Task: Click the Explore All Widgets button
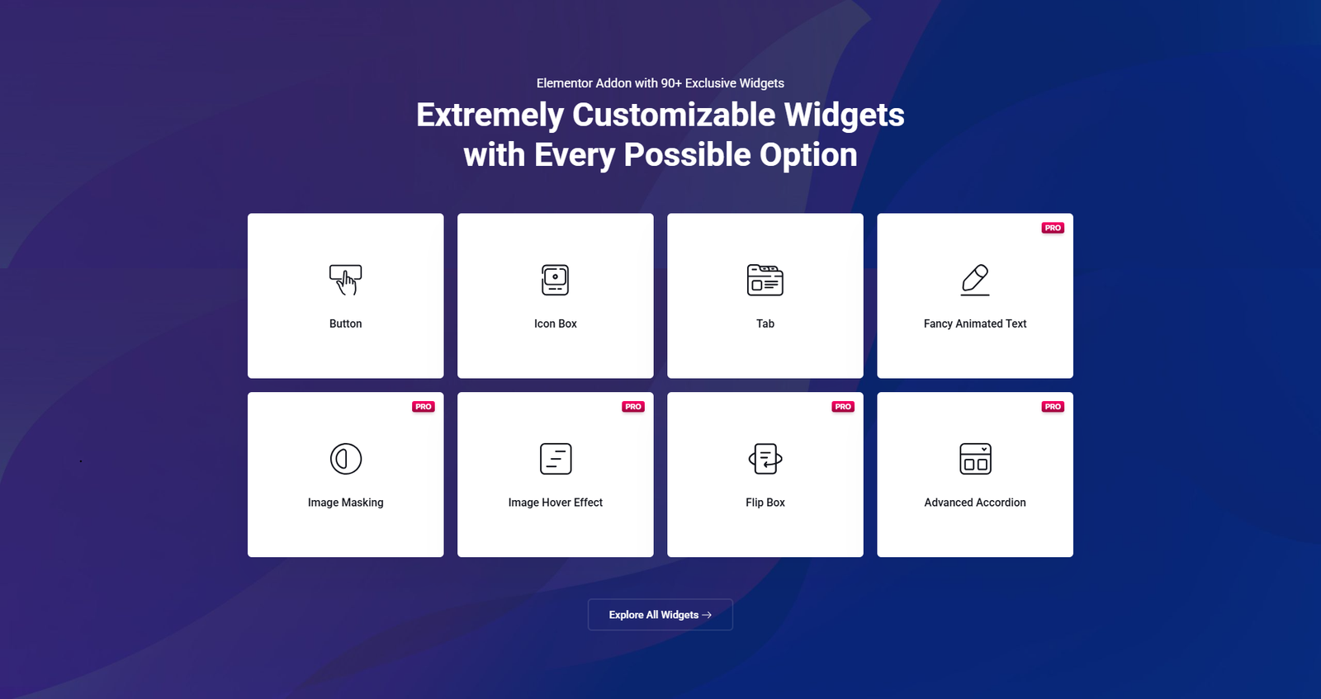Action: (x=660, y=615)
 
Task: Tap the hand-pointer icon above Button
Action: (x=346, y=280)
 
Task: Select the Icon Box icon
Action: (x=555, y=280)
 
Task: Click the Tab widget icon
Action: (x=765, y=280)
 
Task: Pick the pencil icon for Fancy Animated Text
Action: (x=975, y=280)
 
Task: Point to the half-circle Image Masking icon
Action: (x=346, y=459)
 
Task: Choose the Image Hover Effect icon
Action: (x=556, y=459)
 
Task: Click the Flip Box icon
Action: (x=765, y=459)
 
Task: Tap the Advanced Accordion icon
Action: (x=975, y=459)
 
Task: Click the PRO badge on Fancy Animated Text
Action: (x=1053, y=228)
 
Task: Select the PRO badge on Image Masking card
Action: (x=424, y=407)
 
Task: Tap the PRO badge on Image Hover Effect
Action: (x=632, y=407)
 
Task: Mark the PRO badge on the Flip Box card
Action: (x=843, y=407)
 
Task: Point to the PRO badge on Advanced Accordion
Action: (x=1053, y=407)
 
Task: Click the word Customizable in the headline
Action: (x=674, y=115)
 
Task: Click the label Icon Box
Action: (x=556, y=324)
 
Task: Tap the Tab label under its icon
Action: (x=765, y=324)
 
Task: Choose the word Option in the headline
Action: (x=808, y=155)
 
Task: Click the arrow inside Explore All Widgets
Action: (x=707, y=615)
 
